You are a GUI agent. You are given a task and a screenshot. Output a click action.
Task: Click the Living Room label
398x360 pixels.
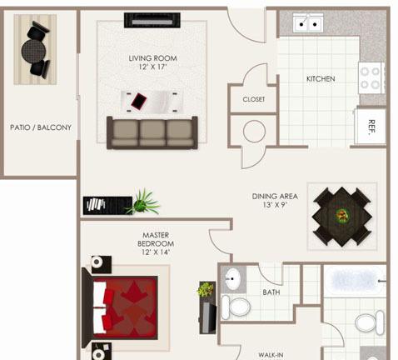[x=152, y=58]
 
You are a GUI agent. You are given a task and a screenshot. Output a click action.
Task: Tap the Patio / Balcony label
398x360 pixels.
[x=41, y=127]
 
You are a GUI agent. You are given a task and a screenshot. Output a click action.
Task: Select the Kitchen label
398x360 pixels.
[x=321, y=79]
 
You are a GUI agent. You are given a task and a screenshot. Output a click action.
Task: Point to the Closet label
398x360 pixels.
[x=254, y=99]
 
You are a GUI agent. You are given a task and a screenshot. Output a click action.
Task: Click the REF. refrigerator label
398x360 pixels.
[x=371, y=127]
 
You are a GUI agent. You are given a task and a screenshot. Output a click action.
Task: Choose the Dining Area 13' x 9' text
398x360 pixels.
[x=275, y=201]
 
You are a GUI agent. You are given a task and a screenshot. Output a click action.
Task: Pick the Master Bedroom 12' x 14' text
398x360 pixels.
[x=156, y=243]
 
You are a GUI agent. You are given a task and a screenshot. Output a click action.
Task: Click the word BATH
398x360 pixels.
[x=271, y=292]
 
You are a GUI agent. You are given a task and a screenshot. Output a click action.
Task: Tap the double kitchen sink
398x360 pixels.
[x=308, y=22]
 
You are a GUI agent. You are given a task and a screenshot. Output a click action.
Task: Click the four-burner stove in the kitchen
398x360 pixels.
[x=371, y=77]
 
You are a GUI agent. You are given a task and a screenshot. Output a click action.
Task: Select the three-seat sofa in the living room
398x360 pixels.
[x=152, y=132]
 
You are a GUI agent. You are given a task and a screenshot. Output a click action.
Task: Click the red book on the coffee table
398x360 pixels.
[x=139, y=101]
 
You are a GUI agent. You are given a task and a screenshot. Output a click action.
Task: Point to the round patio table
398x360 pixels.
[x=33, y=51]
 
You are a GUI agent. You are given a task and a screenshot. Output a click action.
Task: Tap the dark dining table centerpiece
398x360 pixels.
[x=342, y=215]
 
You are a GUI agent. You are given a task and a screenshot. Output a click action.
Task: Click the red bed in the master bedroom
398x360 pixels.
[x=125, y=307]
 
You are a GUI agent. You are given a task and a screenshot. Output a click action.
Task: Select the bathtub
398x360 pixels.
[x=356, y=281]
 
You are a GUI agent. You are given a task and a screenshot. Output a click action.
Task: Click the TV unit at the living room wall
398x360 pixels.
[x=152, y=20]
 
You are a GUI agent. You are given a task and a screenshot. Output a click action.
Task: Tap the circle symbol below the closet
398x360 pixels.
[x=254, y=132]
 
